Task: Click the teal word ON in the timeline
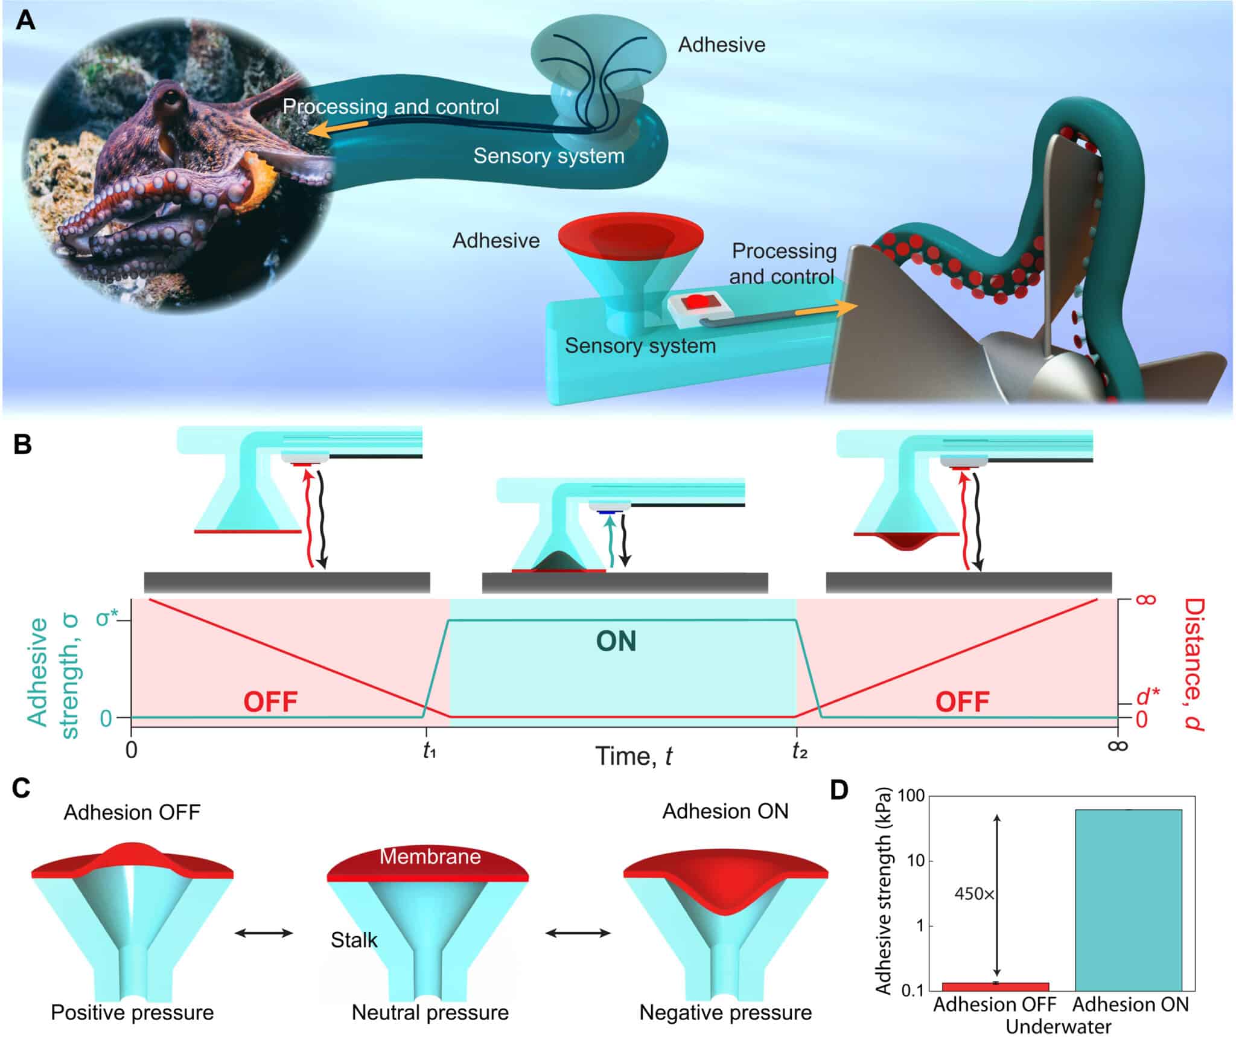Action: click(x=616, y=641)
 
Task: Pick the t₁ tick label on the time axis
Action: click(x=429, y=751)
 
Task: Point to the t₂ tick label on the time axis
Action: click(x=799, y=751)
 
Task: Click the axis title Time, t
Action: click(x=633, y=756)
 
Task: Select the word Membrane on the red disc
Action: click(x=430, y=856)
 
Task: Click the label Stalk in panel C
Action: click(x=354, y=940)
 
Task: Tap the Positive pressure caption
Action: click(x=132, y=1012)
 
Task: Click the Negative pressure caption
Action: click(x=725, y=1012)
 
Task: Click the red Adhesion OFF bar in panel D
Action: click(x=995, y=986)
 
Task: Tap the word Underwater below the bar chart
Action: click(x=1058, y=1027)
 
